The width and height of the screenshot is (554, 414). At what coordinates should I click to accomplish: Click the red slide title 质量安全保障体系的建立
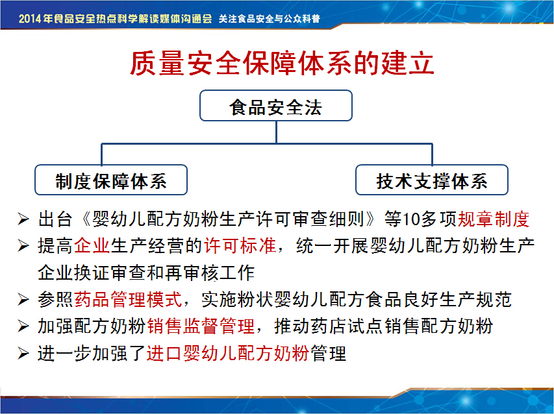[282, 63]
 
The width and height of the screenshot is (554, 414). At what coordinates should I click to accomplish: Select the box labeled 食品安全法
[276, 106]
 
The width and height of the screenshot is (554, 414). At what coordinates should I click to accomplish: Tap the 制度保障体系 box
[111, 180]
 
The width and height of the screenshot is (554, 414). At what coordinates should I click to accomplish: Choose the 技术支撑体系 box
[432, 180]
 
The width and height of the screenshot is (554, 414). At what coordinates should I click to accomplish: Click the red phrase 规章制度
[494, 219]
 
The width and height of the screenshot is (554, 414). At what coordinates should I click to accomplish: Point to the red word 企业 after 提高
[92, 246]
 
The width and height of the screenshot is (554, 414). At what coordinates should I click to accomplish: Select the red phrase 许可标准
[240, 246]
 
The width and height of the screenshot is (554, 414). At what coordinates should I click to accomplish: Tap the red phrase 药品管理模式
[128, 299]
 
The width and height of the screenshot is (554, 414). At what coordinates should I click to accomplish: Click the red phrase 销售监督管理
[201, 326]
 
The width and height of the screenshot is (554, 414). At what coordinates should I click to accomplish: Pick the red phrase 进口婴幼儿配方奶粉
[228, 353]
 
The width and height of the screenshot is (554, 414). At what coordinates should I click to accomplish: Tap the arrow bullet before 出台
[23, 219]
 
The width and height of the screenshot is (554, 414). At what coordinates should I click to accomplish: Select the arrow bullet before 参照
[23, 300]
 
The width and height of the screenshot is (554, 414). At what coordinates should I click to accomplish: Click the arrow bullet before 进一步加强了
[23, 353]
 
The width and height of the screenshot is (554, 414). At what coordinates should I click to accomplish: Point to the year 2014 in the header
[30, 18]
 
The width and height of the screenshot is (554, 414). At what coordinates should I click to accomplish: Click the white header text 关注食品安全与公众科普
[270, 18]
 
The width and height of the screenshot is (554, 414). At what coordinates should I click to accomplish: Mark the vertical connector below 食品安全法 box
[276, 132]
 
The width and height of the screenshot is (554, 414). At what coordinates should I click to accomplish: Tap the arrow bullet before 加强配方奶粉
[23, 326]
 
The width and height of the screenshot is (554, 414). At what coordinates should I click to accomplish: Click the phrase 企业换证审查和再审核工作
[146, 273]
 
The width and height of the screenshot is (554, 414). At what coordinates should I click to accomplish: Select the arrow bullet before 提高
[23, 246]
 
